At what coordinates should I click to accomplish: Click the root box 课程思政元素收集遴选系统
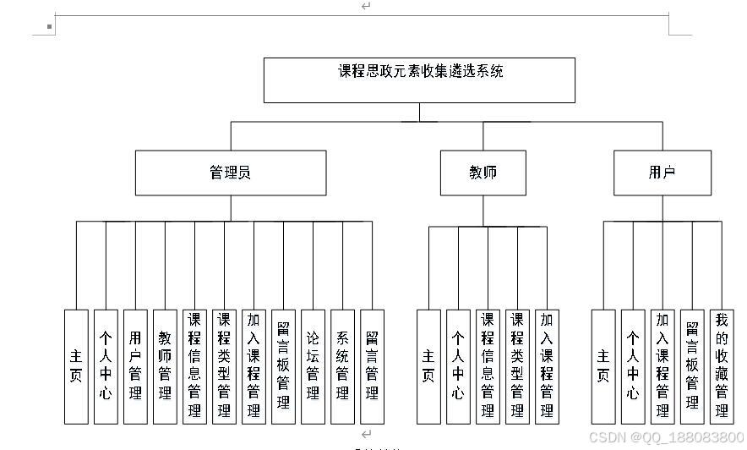click(419, 80)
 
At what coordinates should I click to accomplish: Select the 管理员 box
click(231, 173)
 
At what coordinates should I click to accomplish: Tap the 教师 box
click(483, 173)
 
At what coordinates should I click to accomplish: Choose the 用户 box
click(662, 173)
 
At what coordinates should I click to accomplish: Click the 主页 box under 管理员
click(76, 366)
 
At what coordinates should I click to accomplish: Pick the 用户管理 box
click(135, 366)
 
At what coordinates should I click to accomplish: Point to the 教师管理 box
click(165, 366)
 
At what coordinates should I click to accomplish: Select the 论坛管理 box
click(313, 366)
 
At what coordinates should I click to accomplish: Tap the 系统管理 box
click(342, 366)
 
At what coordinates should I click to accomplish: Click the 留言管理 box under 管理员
click(372, 366)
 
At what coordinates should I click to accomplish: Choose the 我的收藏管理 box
click(721, 366)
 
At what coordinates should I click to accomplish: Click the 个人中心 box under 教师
click(458, 366)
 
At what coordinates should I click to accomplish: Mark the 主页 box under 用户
click(603, 366)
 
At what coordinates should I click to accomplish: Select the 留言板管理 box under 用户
click(691, 366)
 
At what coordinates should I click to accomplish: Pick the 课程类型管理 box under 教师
click(517, 366)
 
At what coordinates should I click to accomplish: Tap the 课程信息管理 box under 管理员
click(194, 366)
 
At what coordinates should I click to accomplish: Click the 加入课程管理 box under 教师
click(547, 366)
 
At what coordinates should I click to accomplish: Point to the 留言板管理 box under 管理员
click(283, 366)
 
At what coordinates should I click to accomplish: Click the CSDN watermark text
click(666, 437)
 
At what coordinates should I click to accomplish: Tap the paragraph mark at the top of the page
click(366, 6)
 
